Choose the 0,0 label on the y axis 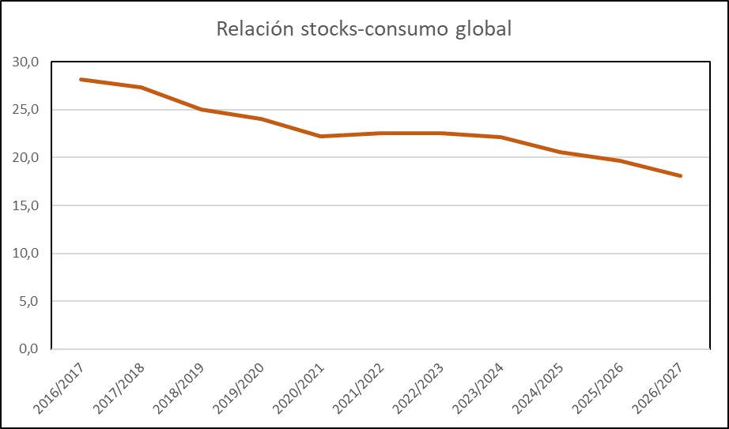tap(30, 349)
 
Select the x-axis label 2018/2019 tap(179, 389)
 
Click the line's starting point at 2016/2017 tap(81, 80)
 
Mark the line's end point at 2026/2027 tap(680, 175)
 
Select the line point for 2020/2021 tap(321, 136)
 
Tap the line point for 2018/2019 tap(201, 109)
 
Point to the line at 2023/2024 tap(500, 137)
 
